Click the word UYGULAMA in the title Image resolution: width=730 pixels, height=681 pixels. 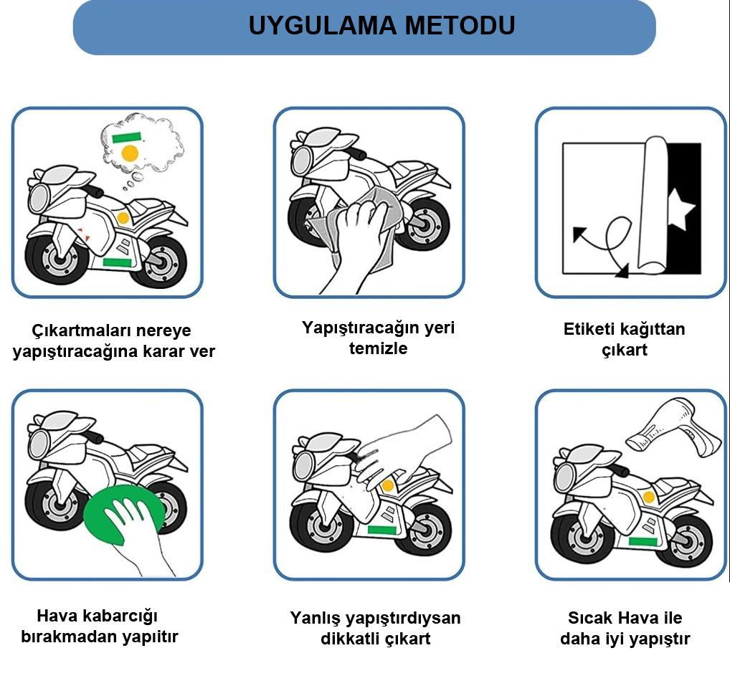[322, 26]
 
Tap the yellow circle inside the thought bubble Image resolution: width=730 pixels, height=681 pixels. [130, 152]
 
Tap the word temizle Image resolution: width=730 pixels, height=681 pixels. [378, 349]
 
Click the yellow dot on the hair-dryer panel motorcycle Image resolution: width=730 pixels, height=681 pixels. [649, 497]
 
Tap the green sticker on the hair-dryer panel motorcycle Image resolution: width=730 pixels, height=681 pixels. [643, 541]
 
